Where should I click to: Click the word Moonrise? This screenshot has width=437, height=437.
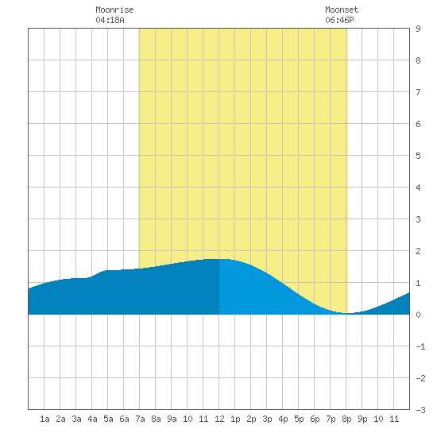coord(114,10)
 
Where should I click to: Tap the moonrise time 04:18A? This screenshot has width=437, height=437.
coord(110,20)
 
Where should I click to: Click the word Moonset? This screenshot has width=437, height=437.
coord(342,10)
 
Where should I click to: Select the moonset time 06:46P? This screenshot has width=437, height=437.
coord(339,20)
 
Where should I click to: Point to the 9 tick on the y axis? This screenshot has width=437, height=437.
coord(418,29)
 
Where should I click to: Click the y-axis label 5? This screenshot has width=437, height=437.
coord(418,156)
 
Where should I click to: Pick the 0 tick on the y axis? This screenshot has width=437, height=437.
coord(418,315)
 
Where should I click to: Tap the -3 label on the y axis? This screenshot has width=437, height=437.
coord(420,410)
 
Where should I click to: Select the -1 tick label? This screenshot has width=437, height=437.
coord(420,346)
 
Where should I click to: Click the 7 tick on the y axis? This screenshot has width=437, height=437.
coord(418,92)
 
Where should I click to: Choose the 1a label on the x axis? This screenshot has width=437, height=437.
coord(44,419)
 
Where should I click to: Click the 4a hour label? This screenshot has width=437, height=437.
coord(92,419)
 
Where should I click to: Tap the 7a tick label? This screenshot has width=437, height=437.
coord(140,419)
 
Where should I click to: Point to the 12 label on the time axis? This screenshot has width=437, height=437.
coord(219,419)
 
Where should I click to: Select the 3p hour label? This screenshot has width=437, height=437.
coord(267,419)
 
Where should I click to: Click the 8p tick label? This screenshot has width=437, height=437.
coord(346,419)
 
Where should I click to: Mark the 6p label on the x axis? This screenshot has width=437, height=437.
coord(315,419)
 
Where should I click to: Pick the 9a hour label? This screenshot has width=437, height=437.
coord(172,419)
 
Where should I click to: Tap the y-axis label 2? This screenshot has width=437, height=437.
coord(418,251)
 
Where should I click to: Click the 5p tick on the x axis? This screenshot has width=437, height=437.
coord(299,419)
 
